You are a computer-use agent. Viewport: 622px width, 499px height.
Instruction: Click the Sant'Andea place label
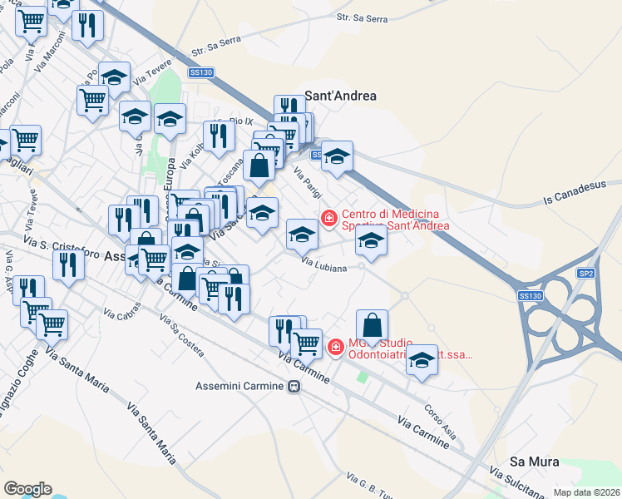[x=341, y=96]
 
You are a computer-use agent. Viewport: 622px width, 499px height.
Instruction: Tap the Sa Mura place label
[x=534, y=462]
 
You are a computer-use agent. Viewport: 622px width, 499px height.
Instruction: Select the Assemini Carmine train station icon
[x=294, y=387]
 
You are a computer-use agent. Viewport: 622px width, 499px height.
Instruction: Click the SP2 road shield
[x=587, y=273]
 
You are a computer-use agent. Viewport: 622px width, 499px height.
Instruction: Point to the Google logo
[x=27, y=489]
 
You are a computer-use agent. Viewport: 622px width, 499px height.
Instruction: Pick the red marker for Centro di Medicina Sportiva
[x=329, y=218]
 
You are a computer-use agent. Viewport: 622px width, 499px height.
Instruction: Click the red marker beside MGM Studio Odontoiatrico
[x=336, y=347]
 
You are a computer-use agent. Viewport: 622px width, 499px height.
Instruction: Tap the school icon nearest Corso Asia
[x=422, y=361]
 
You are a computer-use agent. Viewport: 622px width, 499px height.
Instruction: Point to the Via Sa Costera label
[x=181, y=336]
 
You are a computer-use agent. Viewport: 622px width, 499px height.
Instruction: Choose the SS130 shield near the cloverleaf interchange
[x=530, y=296]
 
